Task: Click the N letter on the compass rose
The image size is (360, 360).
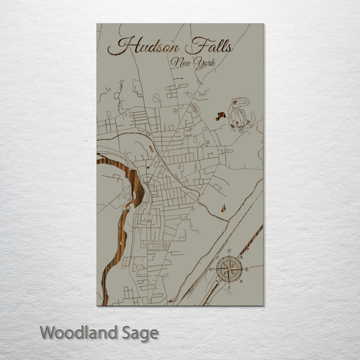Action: (229, 251)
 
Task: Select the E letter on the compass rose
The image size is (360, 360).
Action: (246, 269)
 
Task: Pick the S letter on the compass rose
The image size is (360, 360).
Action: (229, 287)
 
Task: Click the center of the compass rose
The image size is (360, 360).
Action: (229, 269)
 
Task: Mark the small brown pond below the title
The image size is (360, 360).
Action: (220, 116)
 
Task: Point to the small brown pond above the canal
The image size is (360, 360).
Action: (223, 206)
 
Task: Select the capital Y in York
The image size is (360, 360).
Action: (198, 63)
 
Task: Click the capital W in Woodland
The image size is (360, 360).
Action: (48, 332)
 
